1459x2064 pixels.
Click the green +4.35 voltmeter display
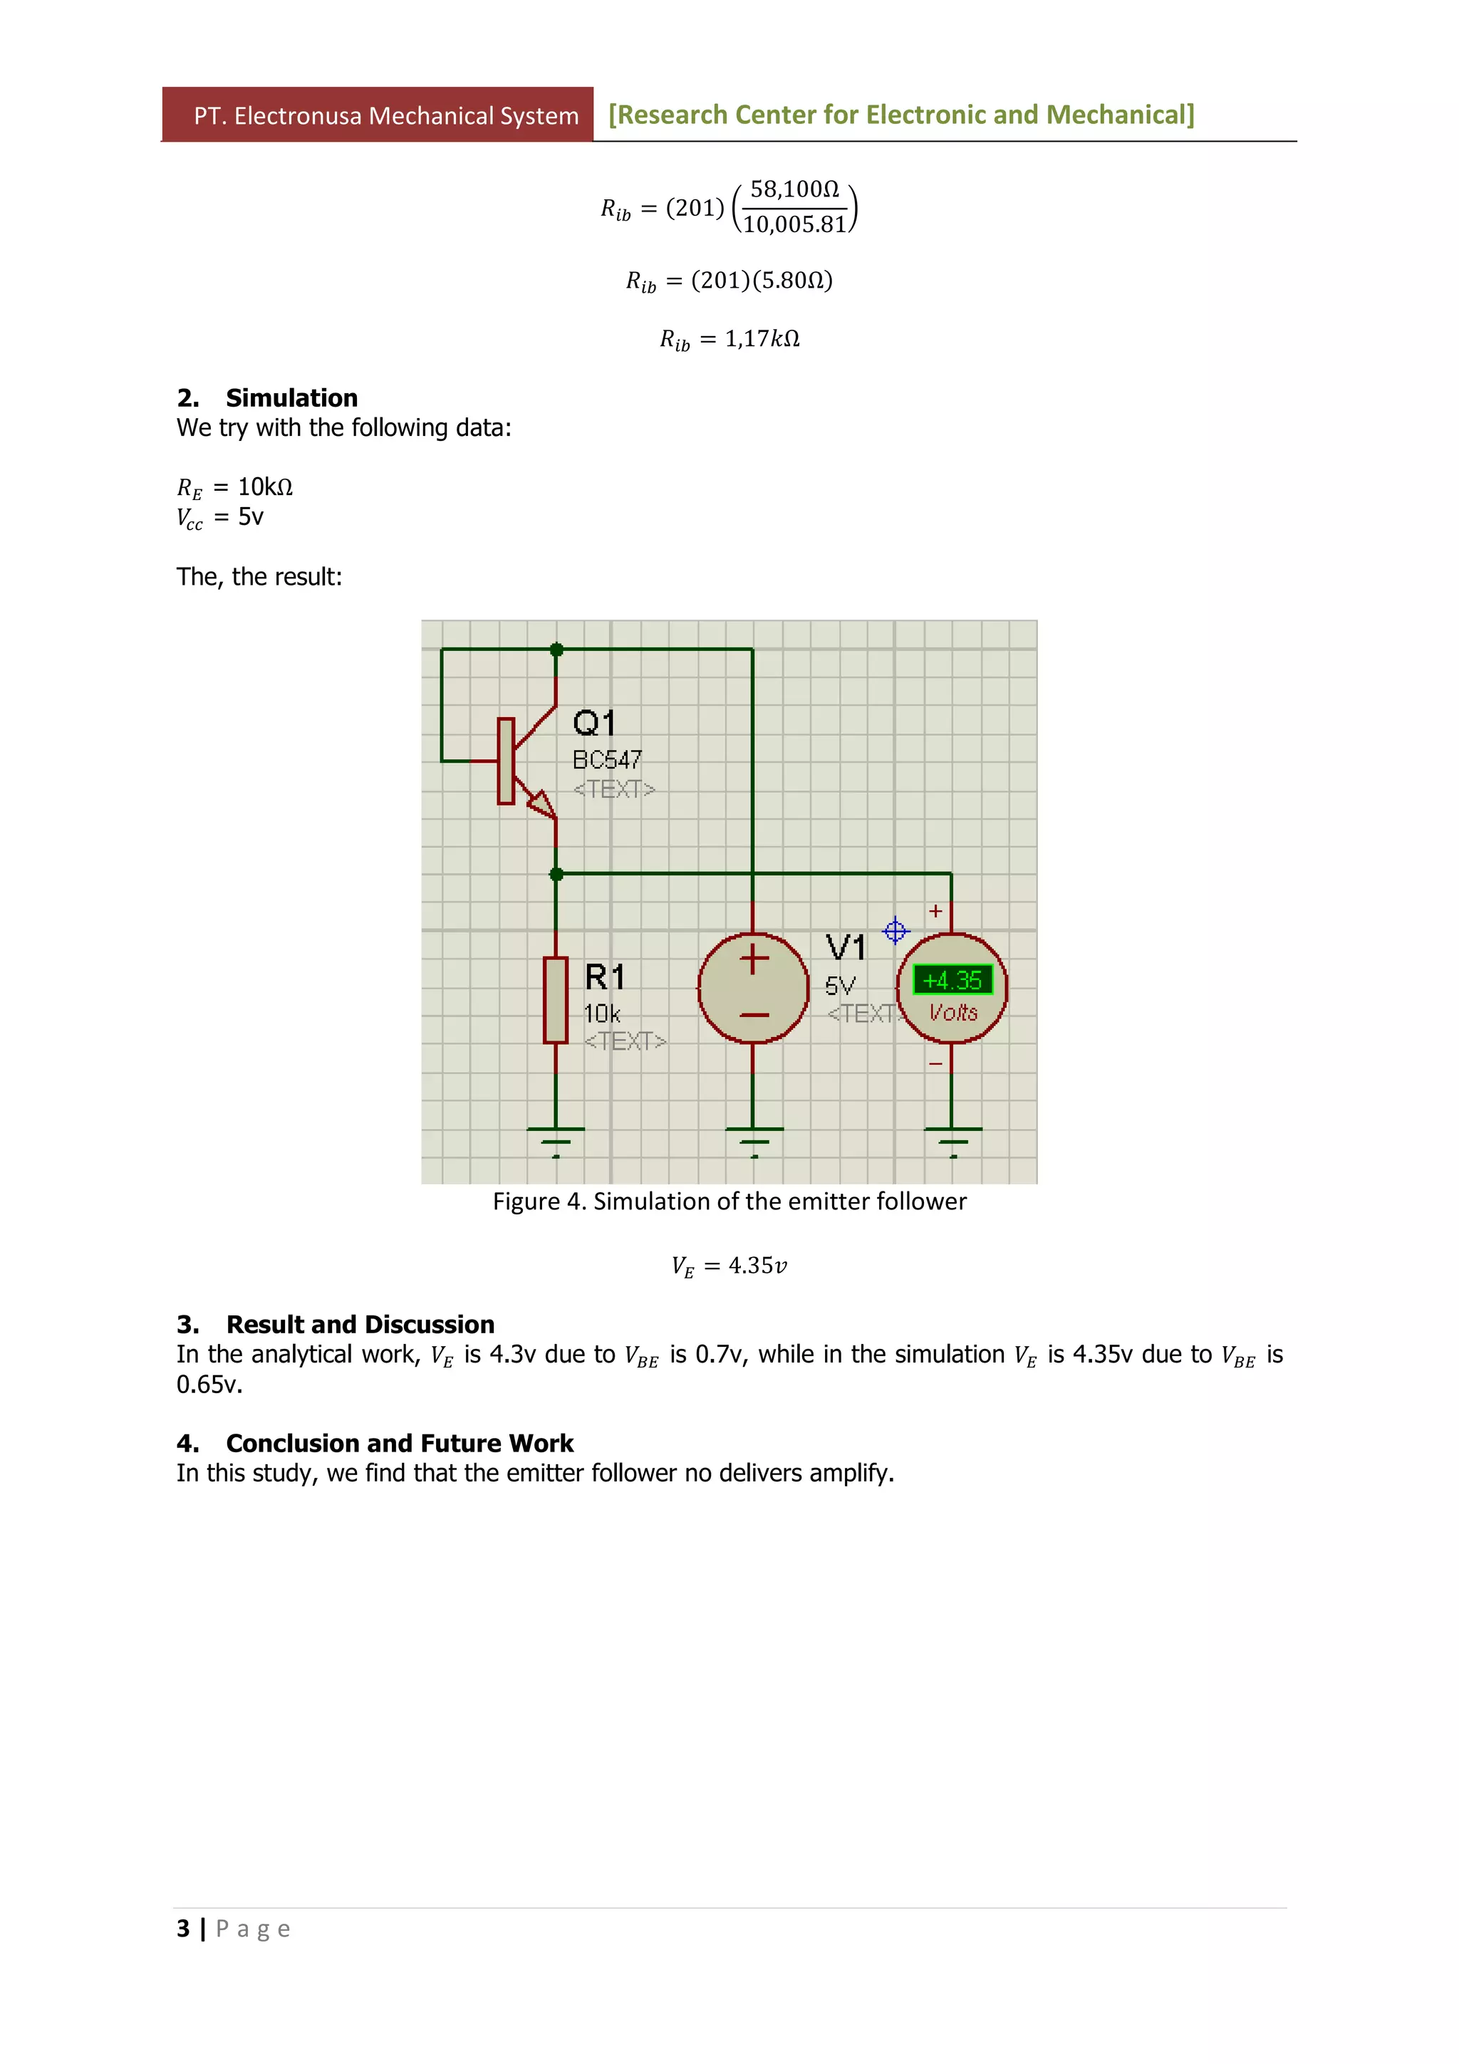pos(952,979)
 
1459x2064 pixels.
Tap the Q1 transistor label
pos(594,723)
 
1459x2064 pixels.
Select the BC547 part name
pos(607,760)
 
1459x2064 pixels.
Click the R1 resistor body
pos(556,1000)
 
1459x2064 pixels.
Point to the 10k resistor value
pos(601,1014)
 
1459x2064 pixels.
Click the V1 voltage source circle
pos(753,988)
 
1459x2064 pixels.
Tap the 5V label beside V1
pos(840,985)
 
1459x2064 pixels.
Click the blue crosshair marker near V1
pos(895,930)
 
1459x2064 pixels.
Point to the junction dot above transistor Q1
pos(556,649)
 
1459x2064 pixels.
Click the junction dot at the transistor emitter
pos(556,874)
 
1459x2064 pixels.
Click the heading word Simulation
pos(291,397)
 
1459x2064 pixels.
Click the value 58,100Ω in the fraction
pos(794,189)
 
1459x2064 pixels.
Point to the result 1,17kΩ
pos(762,338)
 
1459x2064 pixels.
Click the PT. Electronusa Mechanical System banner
pos(385,115)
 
